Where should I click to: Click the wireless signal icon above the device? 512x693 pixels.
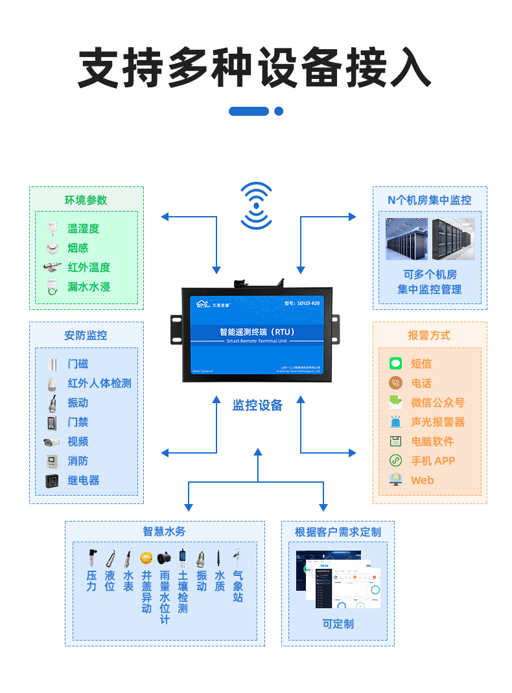coord(257,206)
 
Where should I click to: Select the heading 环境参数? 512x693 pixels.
coord(86,201)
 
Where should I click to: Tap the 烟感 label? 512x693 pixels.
coord(78,248)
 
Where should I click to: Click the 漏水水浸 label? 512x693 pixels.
coord(89,287)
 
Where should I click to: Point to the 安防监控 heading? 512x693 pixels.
coord(86,336)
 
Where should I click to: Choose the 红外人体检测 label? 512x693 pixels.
coord(99,383)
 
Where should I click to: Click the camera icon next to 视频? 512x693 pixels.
coord(52,442)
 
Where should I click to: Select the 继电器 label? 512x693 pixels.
coord(84,481)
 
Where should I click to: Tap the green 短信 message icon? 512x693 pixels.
coord(395,364)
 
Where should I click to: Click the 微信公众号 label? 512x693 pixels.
coord(437,402)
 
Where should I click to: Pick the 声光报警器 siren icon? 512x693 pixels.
coord(395,422)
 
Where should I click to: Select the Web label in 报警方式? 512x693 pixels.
coord(422,480)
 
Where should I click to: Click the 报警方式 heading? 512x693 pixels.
coord(429,336)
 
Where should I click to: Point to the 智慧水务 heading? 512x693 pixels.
coord(164,531)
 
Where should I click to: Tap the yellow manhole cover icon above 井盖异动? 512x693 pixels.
coord(146,557)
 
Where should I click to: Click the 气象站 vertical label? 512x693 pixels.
coord(238,586)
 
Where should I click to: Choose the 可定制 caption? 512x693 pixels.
coord(338,624)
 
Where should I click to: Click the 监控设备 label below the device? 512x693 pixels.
coord(257,406)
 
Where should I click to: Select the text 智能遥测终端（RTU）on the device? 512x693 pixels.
coord(257,331)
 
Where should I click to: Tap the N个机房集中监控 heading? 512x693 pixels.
coord(429,201)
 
